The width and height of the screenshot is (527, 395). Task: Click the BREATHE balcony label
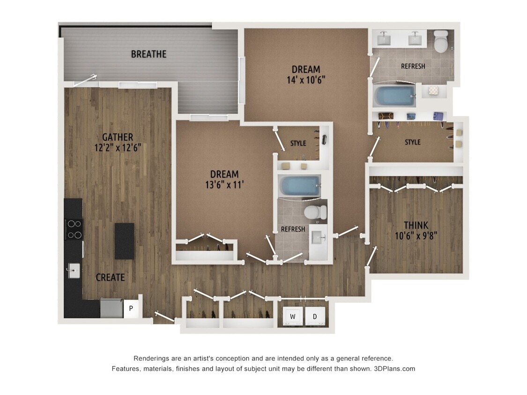pos(148,54)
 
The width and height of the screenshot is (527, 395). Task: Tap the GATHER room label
pos(118,137)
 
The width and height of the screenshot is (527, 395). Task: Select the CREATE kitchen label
pos(110,278)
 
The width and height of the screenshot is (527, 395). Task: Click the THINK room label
pos(416,225)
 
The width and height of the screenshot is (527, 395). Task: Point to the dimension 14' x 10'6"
pos(306,80)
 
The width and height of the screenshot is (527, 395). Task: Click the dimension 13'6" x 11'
pos(224,185)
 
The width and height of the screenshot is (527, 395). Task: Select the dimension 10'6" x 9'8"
pos(416,236)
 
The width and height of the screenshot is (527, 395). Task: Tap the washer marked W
pos(293,317)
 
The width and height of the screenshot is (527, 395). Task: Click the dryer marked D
pos(315,317)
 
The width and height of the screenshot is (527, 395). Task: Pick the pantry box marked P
pos(131,308)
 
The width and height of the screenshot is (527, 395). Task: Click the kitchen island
pos(125,241)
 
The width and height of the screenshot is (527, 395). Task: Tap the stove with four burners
pos(74,229)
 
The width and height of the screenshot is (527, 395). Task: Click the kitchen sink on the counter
pos(74,270)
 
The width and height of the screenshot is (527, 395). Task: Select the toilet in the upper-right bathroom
pos(441,42)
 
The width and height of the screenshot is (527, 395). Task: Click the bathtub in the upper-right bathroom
pos(394,96)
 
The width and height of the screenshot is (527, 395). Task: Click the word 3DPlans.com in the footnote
pos(394,369)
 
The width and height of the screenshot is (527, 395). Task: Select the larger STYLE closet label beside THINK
pos(413,142)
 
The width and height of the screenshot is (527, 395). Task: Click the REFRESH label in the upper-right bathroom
pos(413,66)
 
